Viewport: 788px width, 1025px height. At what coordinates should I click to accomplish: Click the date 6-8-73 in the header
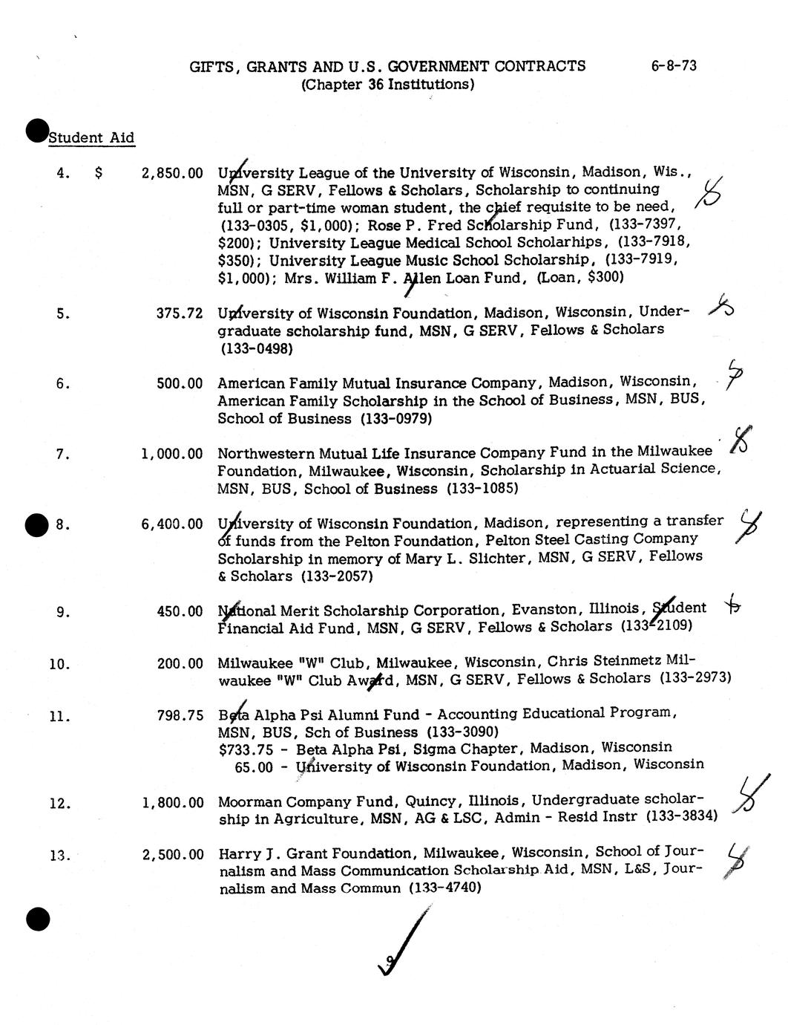click(x=674, y=65)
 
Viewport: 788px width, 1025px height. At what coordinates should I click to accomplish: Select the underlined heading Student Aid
click(x=91, y=137)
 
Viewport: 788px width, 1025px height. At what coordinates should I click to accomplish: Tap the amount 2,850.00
click(x=171, y=173)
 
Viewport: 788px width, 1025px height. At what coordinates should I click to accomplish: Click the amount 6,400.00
click(x=171, y=524)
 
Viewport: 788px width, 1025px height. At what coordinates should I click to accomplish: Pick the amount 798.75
click(x=180, y=716)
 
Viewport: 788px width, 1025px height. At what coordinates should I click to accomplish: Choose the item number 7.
click(x=63, y=454)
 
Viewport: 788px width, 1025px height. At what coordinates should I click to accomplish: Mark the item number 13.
click(x=59, y=855)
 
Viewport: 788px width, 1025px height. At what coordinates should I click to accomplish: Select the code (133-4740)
click(x=445, y=888)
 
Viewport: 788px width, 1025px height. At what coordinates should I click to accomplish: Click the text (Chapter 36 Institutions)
click(x=387, y=84)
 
